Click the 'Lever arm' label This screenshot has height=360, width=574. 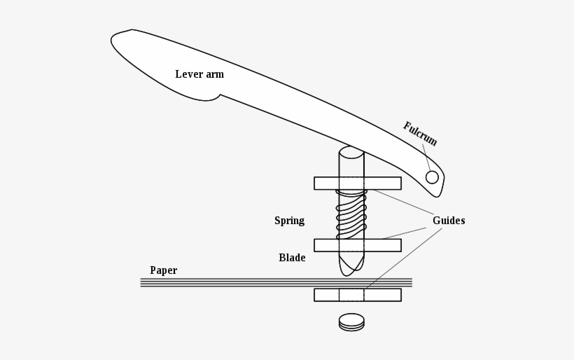pos(199,74)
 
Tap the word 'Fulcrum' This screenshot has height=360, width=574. pos(420,134)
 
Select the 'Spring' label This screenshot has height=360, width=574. pos(289,221)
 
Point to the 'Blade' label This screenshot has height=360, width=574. pos(292,258)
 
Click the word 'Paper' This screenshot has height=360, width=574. pos(163,270)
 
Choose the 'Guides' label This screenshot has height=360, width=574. pos(449,221)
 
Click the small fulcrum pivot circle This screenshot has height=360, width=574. pos(432,176)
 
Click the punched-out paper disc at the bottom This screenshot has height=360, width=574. pos(351,322)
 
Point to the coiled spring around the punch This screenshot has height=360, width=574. pos(351,213)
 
